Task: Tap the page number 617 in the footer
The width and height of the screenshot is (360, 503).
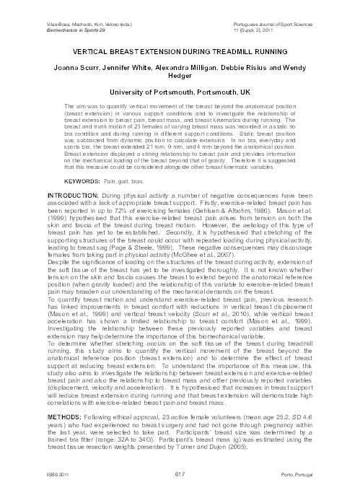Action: tap(180, 493)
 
